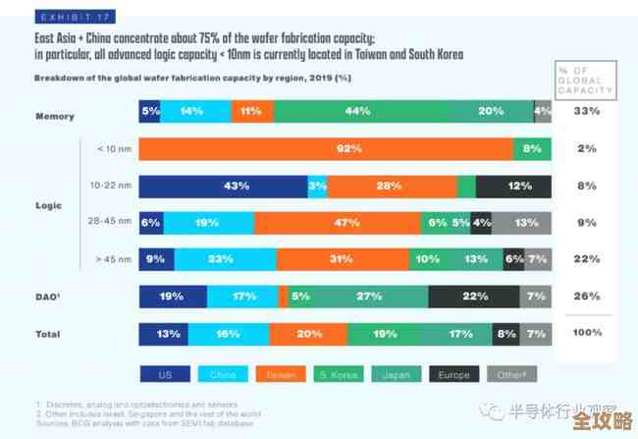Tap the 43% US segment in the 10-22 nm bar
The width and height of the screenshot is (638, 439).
point(223,187)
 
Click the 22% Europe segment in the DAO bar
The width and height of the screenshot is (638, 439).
point(474,297)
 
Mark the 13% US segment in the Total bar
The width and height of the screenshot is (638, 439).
point(163,334)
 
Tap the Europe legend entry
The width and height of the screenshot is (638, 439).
point(455,374)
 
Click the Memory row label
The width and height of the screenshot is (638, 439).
point(55,116)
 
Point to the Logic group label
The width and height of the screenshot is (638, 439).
point(48,205)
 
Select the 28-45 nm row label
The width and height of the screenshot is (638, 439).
point(109,223)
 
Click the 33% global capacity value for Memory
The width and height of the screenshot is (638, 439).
point(587,112)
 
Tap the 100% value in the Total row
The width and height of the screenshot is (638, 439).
point(587,333)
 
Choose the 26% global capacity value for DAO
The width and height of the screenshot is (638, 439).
point(587,297)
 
